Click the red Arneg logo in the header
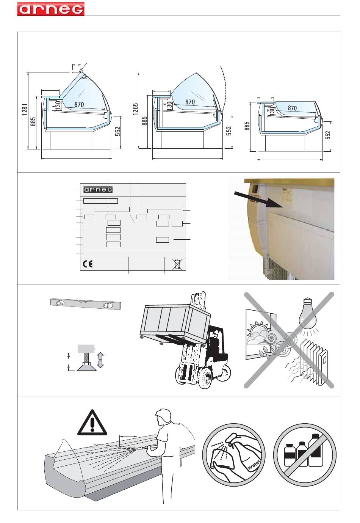click(x=51, y=9)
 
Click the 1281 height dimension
click(x=25, y=110)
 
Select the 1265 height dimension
click(x=136, y=109)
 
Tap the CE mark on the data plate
click(x=88, y=264)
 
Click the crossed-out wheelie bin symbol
click(x=177, y=264)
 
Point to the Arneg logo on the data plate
click(x=98, y=189)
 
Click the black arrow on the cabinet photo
click(x=258, y=199)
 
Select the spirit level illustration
click(x=86, y=303)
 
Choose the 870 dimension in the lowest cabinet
click(x=292, y=108)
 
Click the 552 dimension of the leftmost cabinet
click(x=118, y=131)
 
